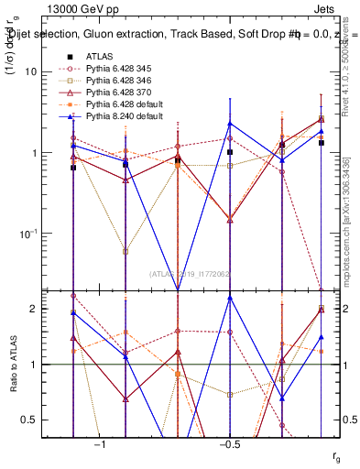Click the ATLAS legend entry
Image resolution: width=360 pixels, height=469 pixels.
point(99,56)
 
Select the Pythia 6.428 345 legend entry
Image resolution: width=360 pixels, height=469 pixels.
point(124,68)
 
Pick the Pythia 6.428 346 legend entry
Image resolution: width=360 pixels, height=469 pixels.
point(124,80)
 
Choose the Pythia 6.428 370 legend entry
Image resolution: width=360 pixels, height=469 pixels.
point(124,92)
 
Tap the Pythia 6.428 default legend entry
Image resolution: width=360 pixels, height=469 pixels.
point(126,104)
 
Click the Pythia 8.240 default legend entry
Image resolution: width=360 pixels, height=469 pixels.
point(126,115)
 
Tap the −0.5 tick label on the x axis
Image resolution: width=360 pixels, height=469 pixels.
point(228,443)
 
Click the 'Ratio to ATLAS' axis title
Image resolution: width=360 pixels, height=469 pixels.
point(13,365)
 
